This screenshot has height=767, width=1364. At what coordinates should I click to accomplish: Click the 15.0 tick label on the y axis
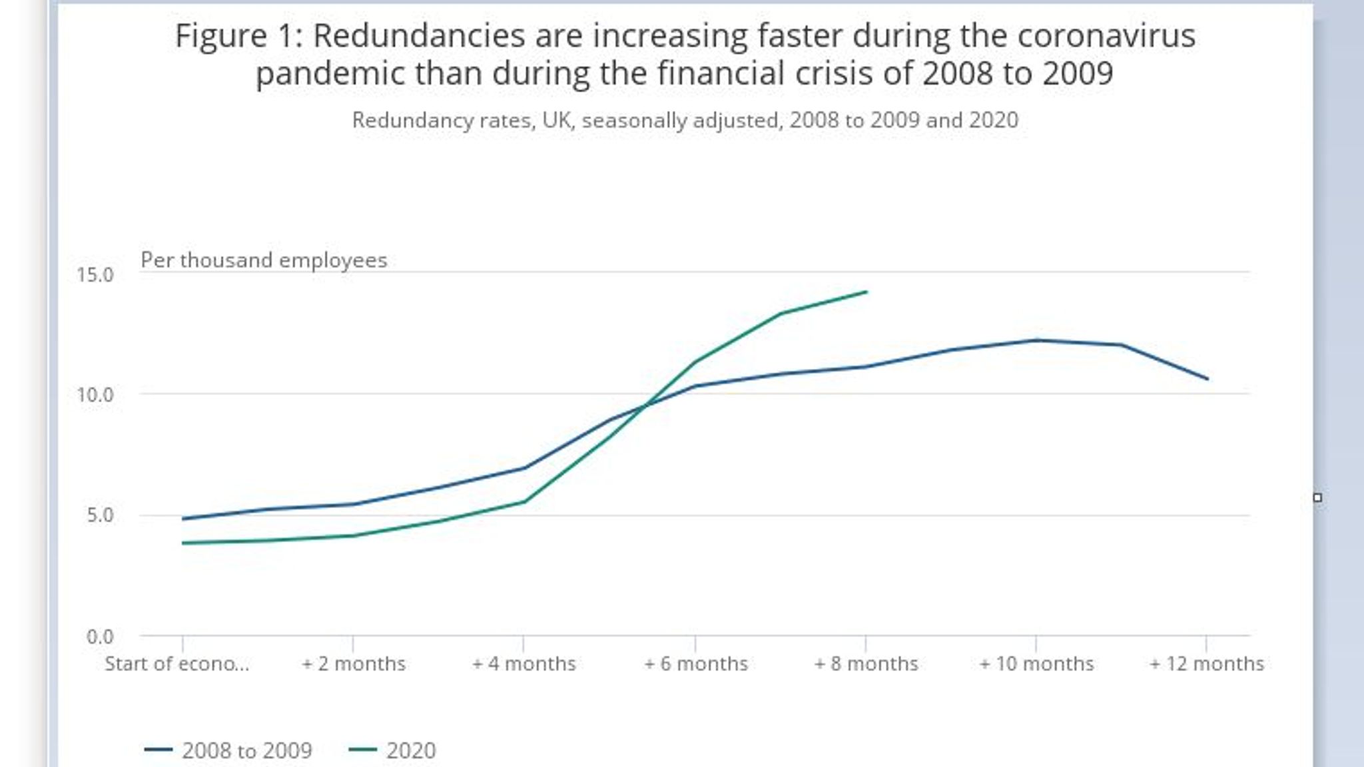pyautogui.click(x=95, y=274)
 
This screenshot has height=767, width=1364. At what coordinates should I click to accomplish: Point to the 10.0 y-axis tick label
pyautogui.click(x=95, y=395)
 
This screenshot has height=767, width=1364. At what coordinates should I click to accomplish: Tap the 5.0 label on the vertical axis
pyautogui.click(x=99, y=515)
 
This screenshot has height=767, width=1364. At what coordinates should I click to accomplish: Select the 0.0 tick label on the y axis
pyautogui.click(x=99, y=637)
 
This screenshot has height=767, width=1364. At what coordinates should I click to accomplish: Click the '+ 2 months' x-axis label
pyautogui.click(x=354, y=664)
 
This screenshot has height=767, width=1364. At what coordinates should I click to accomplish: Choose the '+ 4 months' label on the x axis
pyautogui.click(x=524, y=664)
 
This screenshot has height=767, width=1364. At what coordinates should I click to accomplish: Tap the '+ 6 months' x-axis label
pyautogui.click(x=695, y=664)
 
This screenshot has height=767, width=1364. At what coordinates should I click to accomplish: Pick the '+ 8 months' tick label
pyautogui.click(x=866, y=664)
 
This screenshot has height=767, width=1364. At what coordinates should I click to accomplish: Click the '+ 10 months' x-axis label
pyautogui.click(x=1036, y=664)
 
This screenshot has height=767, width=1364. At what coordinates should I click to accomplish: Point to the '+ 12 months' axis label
pyautogui.click(x=1206, y=664)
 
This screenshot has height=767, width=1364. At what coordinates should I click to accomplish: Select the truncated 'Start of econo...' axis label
pyautogui.click(x=177, y=664)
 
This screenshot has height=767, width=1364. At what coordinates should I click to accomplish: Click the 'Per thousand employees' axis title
pyautogui.click(x=264, y=260)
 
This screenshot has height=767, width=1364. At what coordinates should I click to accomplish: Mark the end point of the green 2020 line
pyautogui.click(x=866, y=292)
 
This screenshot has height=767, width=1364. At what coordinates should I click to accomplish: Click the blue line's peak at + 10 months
pyautogui.click(x=1036, y=340)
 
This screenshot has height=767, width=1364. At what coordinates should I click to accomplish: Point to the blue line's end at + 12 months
pyautogui.click(x=1207, y=379)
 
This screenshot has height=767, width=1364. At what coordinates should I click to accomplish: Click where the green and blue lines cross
pyautogui.click(x=645, y=404)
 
